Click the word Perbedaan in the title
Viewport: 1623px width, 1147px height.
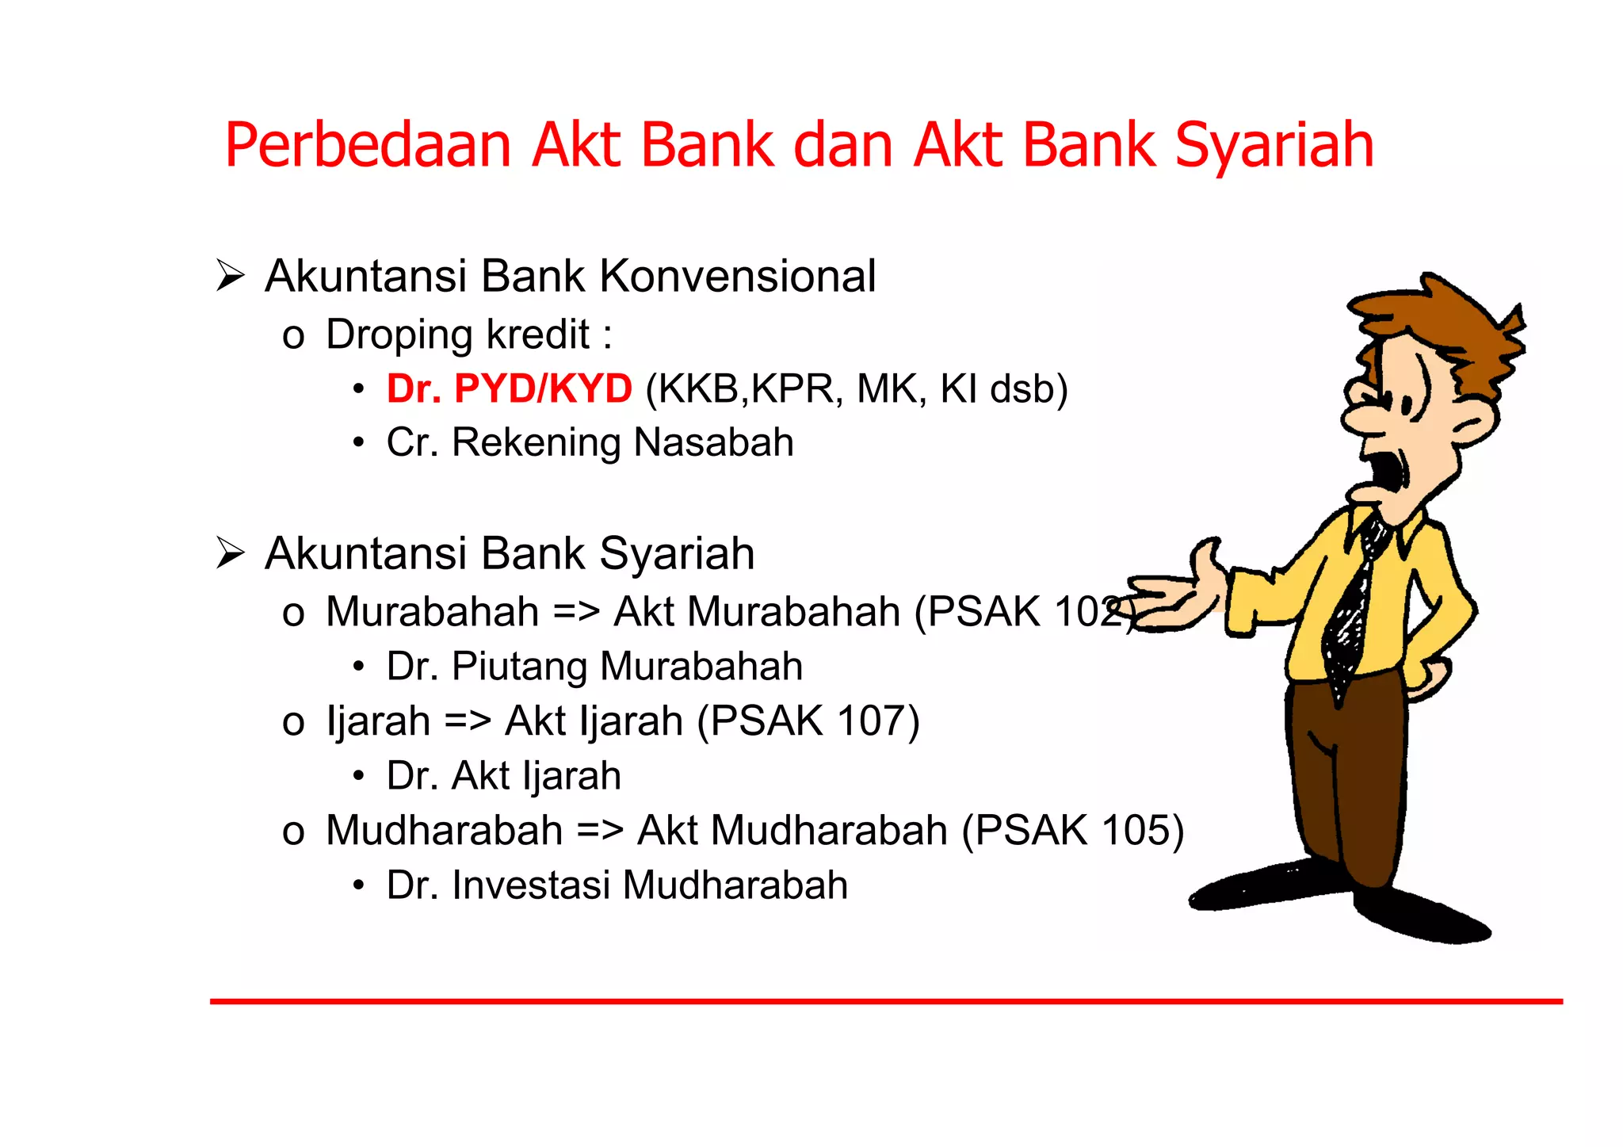(368, 147)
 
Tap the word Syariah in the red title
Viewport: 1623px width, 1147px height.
(1274, 147)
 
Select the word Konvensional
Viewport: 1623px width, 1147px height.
(737, 277)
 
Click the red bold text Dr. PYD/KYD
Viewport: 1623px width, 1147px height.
(509, 389)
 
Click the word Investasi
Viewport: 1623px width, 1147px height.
(530, 885)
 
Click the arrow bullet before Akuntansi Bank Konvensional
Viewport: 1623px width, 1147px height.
(230, 277)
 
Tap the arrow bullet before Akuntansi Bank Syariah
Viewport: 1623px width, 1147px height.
(230, 553)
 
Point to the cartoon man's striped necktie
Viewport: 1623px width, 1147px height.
(1351, 610)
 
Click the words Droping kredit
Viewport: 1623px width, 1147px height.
(457, 335)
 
